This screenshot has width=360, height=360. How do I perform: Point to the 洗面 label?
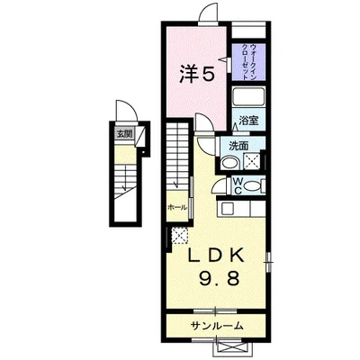pos(237,146)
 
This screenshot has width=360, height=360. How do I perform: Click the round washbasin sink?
pos(230,164)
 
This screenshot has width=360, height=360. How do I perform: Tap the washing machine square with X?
pos(252,163)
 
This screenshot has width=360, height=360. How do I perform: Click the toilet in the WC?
pos(254,186)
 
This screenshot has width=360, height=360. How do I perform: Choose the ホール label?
pos(176,207)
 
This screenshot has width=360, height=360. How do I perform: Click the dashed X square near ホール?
pos(176,236)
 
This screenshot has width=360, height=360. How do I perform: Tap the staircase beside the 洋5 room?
pos(176,157)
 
